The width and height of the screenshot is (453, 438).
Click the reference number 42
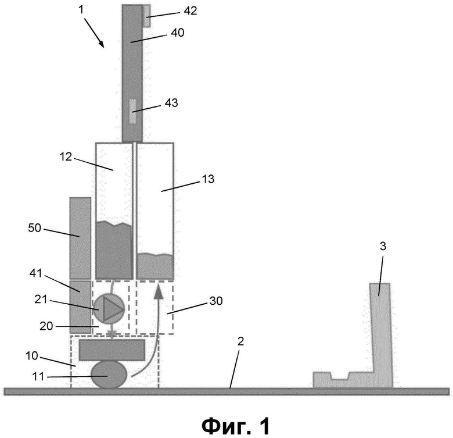(x=190, y=10)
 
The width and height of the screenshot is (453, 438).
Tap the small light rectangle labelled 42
(x=147, y=16)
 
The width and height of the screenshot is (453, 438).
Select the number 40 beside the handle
(x=177, y=33)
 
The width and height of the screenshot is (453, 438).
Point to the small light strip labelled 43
(x=133, y=111)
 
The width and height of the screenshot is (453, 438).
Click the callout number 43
(x=171, y=103)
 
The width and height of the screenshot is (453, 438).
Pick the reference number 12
(x=66, y=156)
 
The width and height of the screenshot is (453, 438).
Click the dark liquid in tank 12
(x=114, y=250)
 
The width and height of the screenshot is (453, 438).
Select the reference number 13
(x=208, y=179)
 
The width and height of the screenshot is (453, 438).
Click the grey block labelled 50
(x=80, y=238)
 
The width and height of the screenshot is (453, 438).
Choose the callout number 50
(x=35, y=228)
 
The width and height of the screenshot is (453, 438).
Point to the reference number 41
(x=36, y=273)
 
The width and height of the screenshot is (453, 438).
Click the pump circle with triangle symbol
(x=109, y=309)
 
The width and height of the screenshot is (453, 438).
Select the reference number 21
(x=41, y=300)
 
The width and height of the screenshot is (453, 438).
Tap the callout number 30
(x=216, y=301)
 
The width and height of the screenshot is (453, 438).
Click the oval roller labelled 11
(x=109, y=375)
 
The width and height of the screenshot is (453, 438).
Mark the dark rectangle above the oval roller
(x=112, y=350)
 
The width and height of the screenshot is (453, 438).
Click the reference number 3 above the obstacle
(x=383, y=246)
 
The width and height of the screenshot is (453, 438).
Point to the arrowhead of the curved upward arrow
(x=159, y=291)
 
